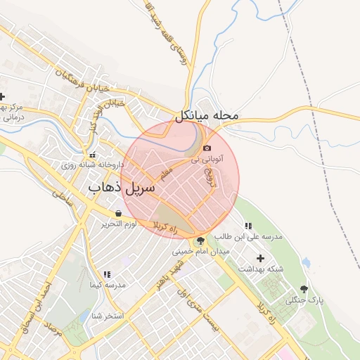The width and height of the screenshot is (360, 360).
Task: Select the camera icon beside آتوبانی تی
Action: pos(207,148)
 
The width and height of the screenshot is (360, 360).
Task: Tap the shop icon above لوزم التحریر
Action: pos(118,213)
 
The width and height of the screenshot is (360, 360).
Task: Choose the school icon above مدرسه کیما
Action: pos(107,274)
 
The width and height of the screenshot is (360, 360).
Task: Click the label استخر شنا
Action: pos(106,316)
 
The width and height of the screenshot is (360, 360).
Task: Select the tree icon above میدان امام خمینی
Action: pos(201,240)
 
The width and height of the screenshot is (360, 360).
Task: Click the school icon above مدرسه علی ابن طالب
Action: pos(248,226)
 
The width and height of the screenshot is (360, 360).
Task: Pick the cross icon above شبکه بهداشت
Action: pos(262,258)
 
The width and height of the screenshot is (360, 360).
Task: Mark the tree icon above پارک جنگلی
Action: pos(304,289)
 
